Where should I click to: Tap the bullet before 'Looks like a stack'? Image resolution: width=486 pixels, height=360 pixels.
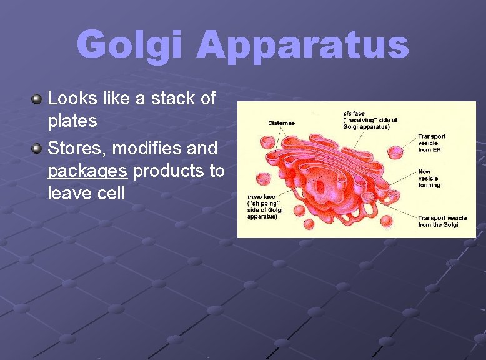37,99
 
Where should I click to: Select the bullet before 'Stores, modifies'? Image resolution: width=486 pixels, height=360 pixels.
37,149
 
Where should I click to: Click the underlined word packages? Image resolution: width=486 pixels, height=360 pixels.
87,171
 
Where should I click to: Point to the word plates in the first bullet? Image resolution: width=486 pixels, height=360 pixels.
72,121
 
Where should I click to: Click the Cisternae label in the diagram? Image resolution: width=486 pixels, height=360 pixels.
281,123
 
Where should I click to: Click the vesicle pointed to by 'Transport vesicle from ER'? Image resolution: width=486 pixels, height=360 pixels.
395,152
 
